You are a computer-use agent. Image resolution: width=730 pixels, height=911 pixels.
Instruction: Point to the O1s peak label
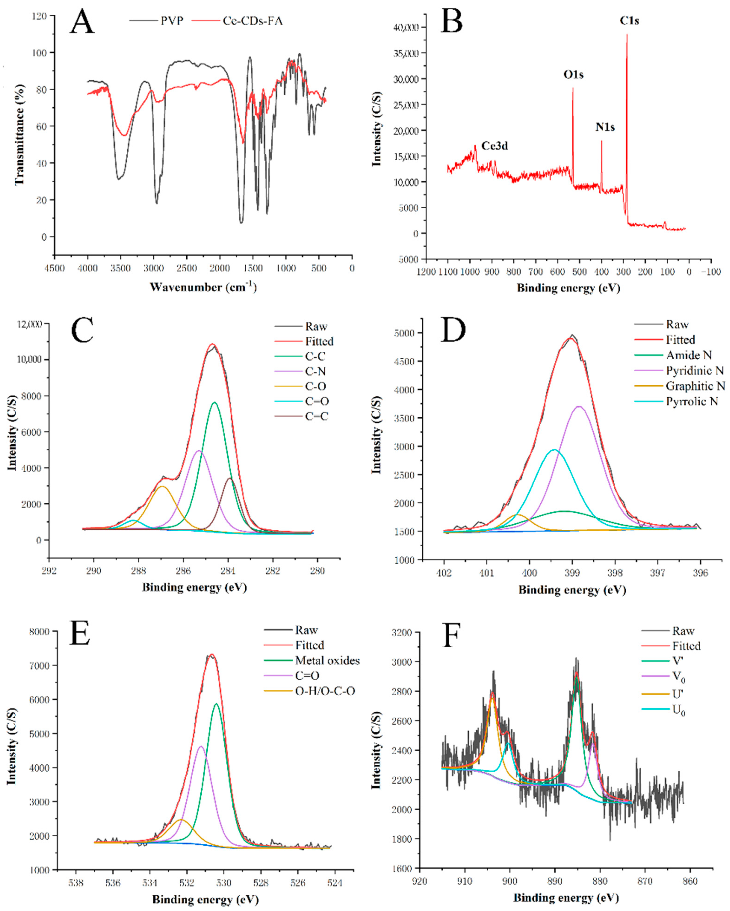[573, 75]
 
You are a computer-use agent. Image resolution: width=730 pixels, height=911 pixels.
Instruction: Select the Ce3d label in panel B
[495, 146]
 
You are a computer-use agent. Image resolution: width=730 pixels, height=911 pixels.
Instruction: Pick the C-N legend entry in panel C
[315, 371]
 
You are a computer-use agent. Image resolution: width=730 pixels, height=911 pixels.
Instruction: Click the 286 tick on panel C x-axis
[183, 571]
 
